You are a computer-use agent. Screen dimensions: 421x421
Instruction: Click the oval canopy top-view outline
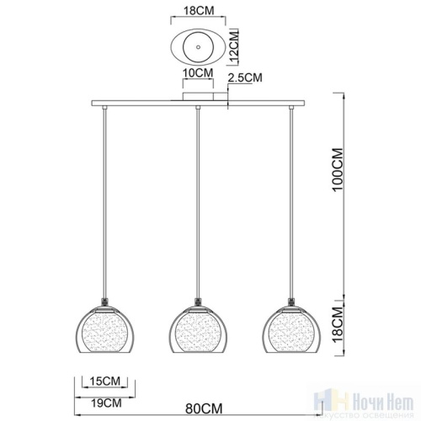[x=179, y=49]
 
